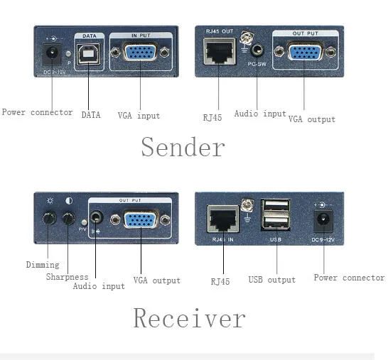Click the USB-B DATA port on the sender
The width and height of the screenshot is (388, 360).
[88, 54]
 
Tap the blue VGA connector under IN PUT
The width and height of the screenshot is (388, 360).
[140, 51]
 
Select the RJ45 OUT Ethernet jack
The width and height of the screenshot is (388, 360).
[220, 51]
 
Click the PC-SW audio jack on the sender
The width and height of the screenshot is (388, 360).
[257, 50]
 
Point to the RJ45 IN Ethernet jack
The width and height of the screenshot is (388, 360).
[223, 219]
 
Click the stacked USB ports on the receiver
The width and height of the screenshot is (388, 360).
[276, 215]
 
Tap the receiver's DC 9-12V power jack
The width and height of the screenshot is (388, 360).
[323, 221]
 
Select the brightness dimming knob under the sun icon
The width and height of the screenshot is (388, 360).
[49, 218]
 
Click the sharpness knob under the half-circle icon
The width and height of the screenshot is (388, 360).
[68, 218]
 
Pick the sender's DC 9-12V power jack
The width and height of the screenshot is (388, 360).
[52, 54]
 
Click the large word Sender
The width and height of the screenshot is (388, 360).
[183, 147]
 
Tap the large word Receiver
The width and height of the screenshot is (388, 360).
[189, 318]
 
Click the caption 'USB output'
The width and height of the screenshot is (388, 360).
[272, 280]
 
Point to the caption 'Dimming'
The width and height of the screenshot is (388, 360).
[43, 265]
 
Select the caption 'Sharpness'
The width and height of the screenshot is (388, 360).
[67, 277]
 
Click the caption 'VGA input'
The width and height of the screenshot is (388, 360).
[139, 116]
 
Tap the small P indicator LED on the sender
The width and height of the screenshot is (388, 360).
[68, 54]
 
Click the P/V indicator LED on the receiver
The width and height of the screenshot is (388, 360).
[85, 222]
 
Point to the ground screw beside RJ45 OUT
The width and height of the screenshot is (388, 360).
[247, 38]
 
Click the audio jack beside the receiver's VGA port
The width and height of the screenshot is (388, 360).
[97, 217]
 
